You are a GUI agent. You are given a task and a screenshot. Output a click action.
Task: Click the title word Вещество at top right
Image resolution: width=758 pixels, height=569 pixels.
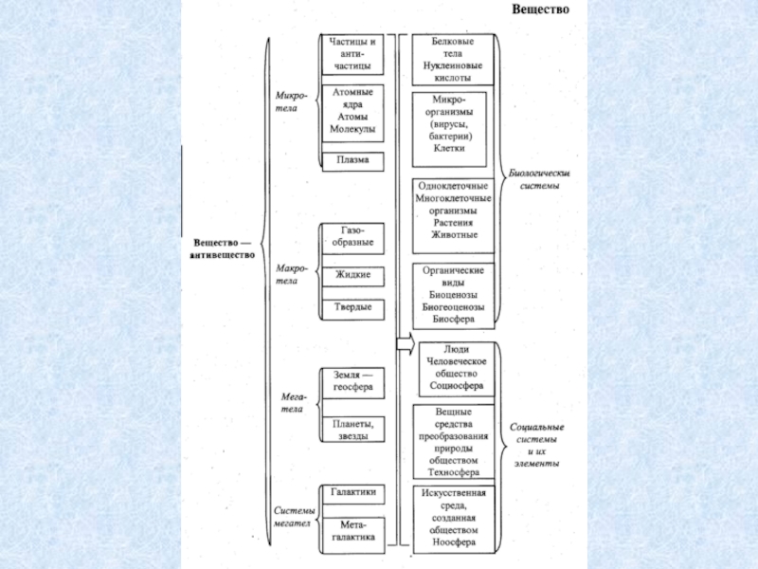tap(540, 10)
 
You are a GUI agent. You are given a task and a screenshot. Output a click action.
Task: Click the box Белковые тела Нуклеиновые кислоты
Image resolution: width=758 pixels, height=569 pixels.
tap(455, 60)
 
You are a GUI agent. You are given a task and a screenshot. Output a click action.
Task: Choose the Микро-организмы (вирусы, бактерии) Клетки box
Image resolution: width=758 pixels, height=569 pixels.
tap(455, 124)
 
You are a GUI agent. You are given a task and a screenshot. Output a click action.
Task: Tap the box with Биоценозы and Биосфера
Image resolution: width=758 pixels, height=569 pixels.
tap(455, 295)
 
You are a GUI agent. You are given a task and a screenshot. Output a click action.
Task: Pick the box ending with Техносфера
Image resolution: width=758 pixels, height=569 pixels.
tap(455, 442)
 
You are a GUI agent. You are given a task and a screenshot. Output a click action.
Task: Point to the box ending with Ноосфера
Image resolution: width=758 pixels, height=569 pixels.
tap(455, 519)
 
